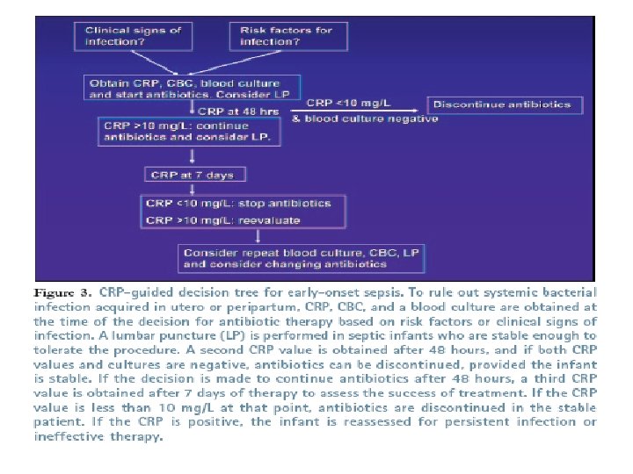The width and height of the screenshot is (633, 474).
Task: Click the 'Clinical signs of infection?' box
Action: (132, 35)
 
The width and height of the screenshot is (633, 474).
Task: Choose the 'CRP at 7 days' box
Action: (193, 175)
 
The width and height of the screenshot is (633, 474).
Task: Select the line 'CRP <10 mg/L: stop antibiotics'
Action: (238, 204)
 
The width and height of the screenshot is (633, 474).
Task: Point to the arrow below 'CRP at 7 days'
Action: (193, 187)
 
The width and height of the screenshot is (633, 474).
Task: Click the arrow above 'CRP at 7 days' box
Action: (193, 156)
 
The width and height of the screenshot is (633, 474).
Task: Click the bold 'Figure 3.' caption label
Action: (62, 291)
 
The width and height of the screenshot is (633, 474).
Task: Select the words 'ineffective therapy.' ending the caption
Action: (98, 437)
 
